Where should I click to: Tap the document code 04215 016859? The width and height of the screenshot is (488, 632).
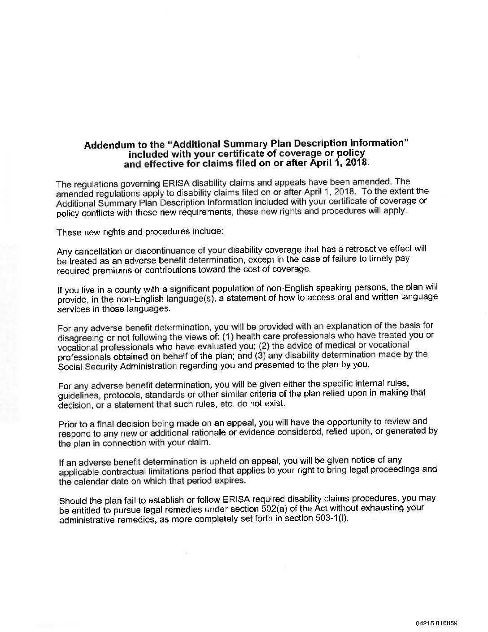tap(436, 623)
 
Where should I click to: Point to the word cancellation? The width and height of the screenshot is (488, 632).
tap(97, 251)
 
